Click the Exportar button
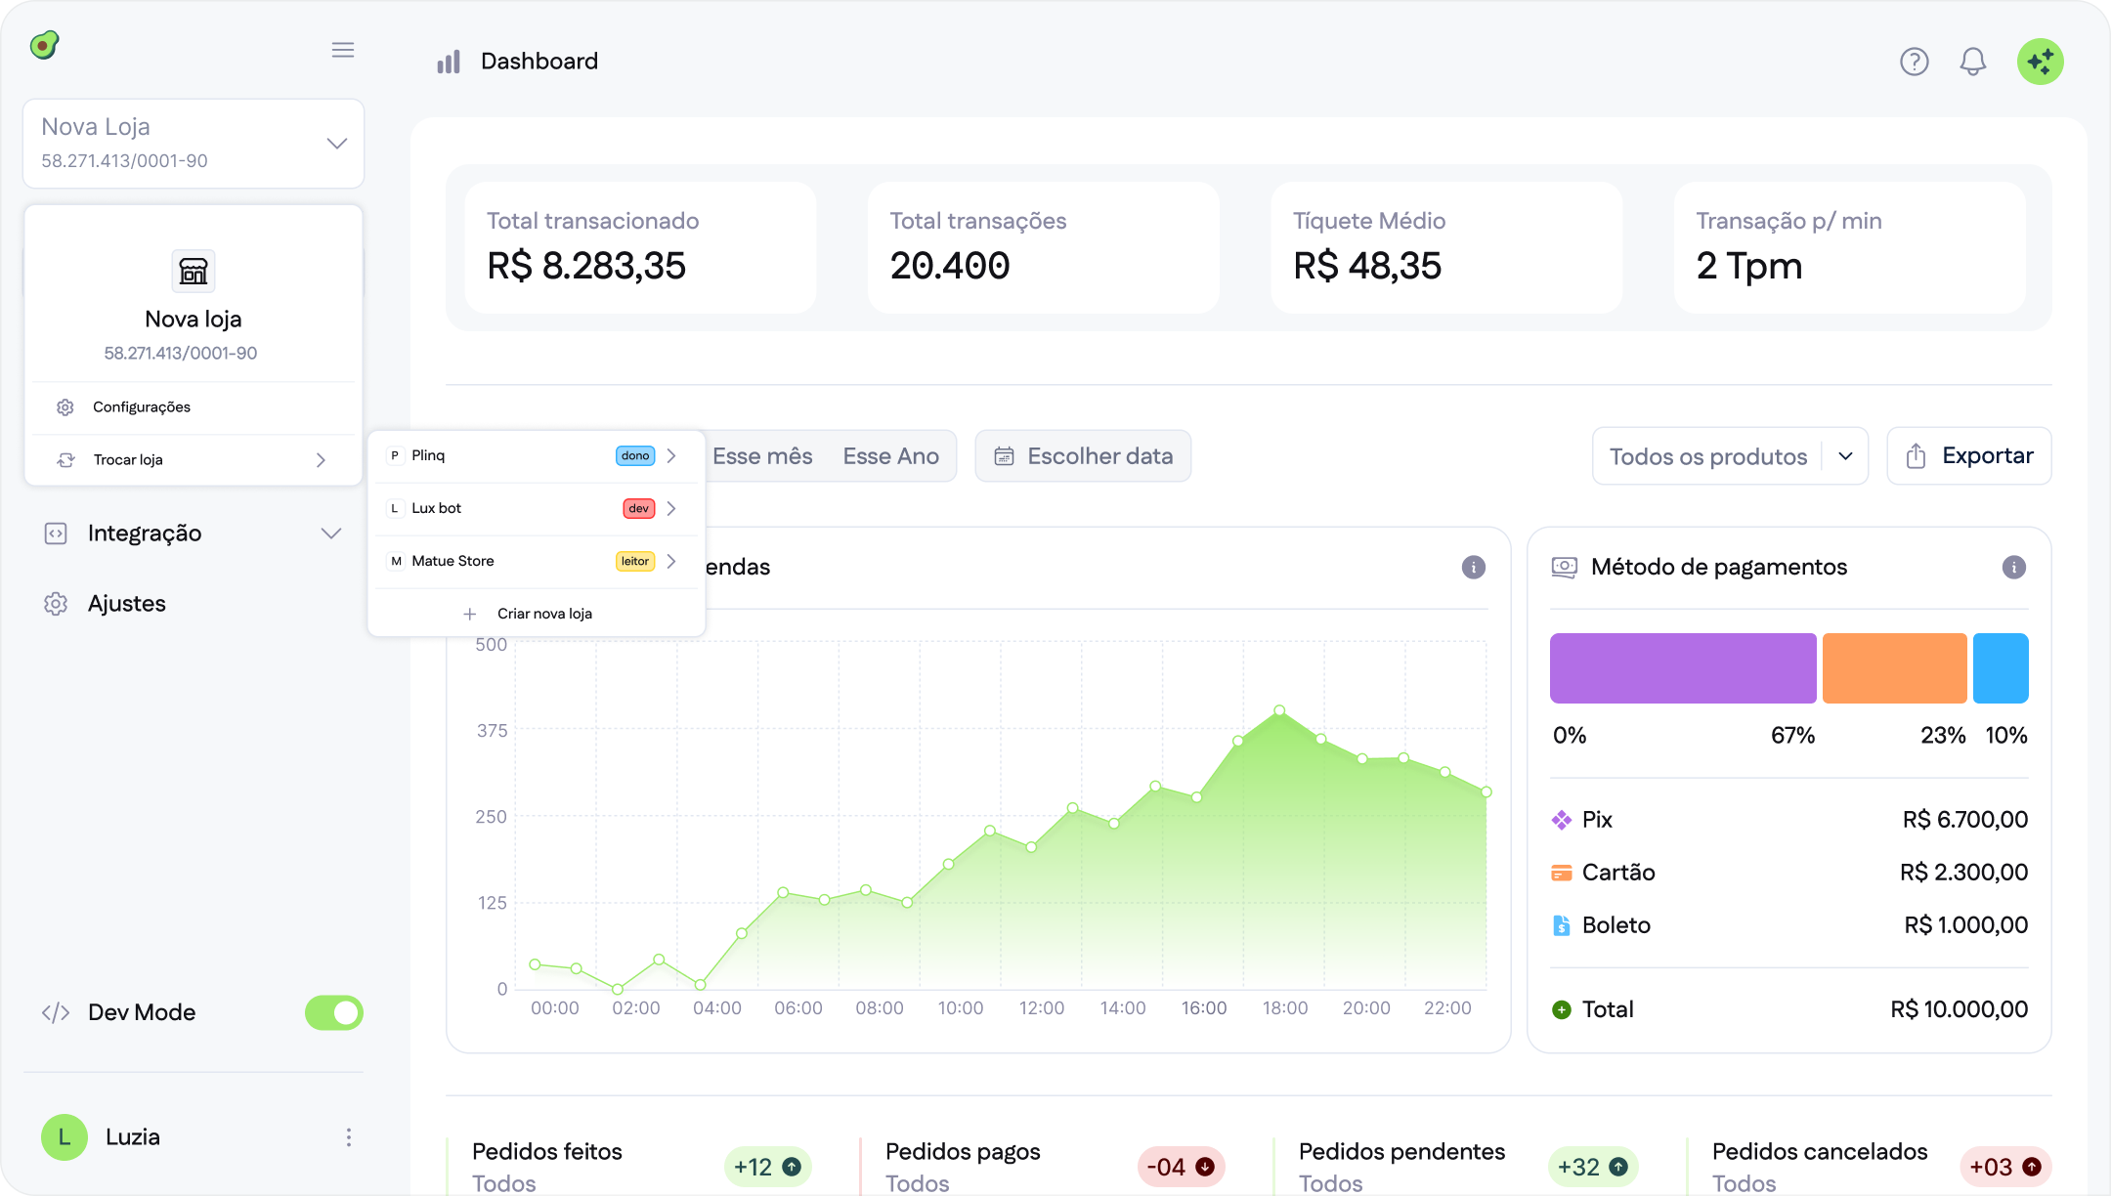point(1968,456)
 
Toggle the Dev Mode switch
point(333,1013)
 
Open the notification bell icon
point(1972,62)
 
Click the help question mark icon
point(1914,62)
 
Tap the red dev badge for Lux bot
point(638,509)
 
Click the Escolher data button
point(1083,456)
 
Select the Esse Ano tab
point(890,456)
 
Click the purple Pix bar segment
point(1682,668)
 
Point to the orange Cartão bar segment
point(1894,668)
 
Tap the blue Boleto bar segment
point(2000,668)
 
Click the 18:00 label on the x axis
point(1284,1008)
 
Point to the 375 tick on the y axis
point(492,731)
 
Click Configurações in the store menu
point(142,407)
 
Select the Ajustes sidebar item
point(127,604)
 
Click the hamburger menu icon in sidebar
point(342,50)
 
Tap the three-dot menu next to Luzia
point(348,1137)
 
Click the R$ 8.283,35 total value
point(586,266)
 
